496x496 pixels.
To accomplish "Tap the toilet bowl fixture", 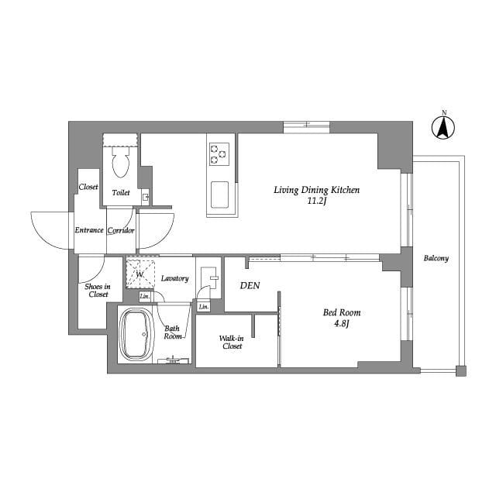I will [x=120, y=165].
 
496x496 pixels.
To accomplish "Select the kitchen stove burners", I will [x=219, y=154].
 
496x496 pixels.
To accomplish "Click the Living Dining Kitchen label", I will [x=316, y=190].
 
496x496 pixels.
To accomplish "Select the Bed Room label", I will [x=342, y=313].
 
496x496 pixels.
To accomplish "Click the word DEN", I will [x=250, y=286].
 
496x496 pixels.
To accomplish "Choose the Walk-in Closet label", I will [x=231, y=342].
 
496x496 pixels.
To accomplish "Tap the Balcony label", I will [x=436, y=259].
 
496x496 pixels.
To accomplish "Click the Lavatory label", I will [x=175, y=278].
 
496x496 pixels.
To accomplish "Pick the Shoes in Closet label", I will [x=97, y=290].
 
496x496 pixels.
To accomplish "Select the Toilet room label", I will [x=121, y=192].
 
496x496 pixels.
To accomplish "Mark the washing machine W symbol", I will [x=140, y=274].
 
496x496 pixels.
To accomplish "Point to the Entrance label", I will [x=89, y=230].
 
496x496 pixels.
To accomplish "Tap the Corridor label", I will [x=122, y=230].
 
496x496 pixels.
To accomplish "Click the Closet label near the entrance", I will [x=88, y=188].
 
